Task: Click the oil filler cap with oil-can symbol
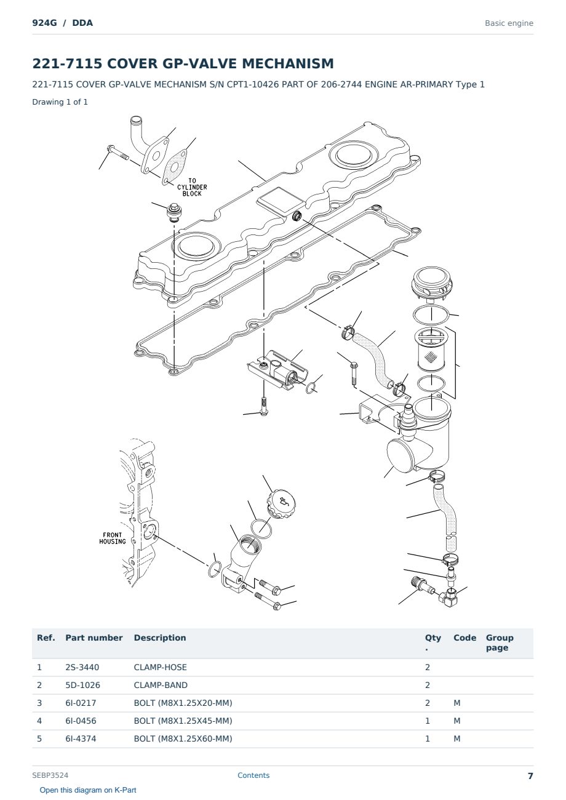pos(281,503)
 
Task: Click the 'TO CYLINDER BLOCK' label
pos(192,187)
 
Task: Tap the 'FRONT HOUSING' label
pos(113,538)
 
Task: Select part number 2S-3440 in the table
pos(82,667)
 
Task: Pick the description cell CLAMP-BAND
pos(161,685)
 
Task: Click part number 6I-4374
pos(81,738)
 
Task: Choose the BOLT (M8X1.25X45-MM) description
pos(183,721)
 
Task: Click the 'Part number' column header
pos(94,638)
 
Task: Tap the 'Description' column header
pos(160,638)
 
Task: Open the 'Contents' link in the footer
pos(253,775)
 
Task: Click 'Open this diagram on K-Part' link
pos(88,790)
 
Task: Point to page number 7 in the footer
pos(530,776)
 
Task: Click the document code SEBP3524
pos(50,775)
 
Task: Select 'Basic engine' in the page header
pos(509,23)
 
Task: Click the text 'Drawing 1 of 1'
pos(60,102)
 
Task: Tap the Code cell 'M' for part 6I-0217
pos(456,703)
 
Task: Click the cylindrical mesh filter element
pos(431,350)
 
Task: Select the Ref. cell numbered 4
pos(39,721)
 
